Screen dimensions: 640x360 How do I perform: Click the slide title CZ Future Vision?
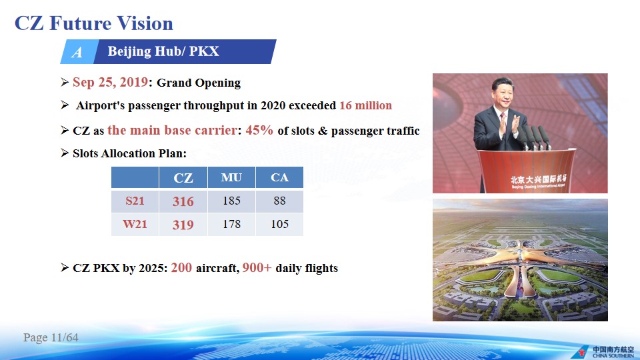[x=94, y=23]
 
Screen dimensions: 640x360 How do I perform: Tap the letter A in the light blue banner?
[x=77, y=52]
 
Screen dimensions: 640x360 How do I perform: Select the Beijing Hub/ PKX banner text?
[x=163, y=51]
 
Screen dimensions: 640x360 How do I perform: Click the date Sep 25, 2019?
[x=110, y=83]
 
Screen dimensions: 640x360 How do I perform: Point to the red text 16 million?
[x=366, y=105]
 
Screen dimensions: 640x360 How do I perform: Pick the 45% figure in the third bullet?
[x=259, y=130]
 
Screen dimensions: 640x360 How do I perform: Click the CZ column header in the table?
[x=183, y=177]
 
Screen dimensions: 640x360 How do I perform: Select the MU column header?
[x=231, y=177]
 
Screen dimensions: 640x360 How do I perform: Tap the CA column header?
[x=279, y=177]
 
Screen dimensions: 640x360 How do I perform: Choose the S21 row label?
[x=135, y=201]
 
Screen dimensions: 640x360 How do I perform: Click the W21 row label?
[x=135, y=224]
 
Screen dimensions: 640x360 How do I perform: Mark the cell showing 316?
[x=183, y=201]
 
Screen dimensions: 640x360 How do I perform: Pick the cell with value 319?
[x=183, y=225]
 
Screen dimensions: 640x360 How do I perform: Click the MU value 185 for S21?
[x=231, y=201]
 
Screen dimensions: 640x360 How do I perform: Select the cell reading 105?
[x=279, y=224]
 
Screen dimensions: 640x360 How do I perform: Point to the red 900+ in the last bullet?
[x=257, y=268]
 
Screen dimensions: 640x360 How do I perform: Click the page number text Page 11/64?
[x=51, y=337]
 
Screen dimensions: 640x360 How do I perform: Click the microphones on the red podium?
[x=535, y=137]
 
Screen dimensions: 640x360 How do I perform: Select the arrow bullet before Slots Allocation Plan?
[x=65, y=153]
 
